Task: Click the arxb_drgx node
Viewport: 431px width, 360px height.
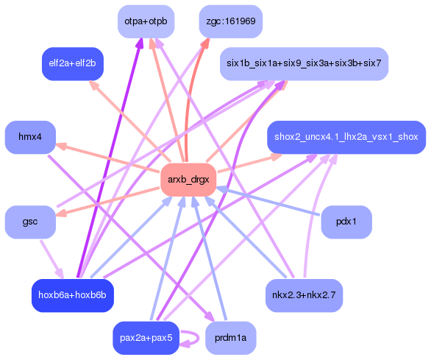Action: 188,180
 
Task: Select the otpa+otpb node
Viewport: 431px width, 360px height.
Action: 145,21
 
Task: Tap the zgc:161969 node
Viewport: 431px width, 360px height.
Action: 231,21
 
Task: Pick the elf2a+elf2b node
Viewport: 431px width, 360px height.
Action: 72,64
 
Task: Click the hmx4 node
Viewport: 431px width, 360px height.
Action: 30,137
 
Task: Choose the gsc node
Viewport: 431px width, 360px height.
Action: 30,222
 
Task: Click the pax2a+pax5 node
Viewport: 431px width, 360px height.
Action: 145,338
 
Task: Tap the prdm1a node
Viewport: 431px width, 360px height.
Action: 231,338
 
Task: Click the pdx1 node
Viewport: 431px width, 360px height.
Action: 346,222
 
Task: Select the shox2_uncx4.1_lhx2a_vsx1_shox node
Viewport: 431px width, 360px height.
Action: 346,137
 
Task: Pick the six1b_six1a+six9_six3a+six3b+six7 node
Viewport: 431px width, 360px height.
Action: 304,64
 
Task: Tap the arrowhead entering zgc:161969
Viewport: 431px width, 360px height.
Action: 204,43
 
